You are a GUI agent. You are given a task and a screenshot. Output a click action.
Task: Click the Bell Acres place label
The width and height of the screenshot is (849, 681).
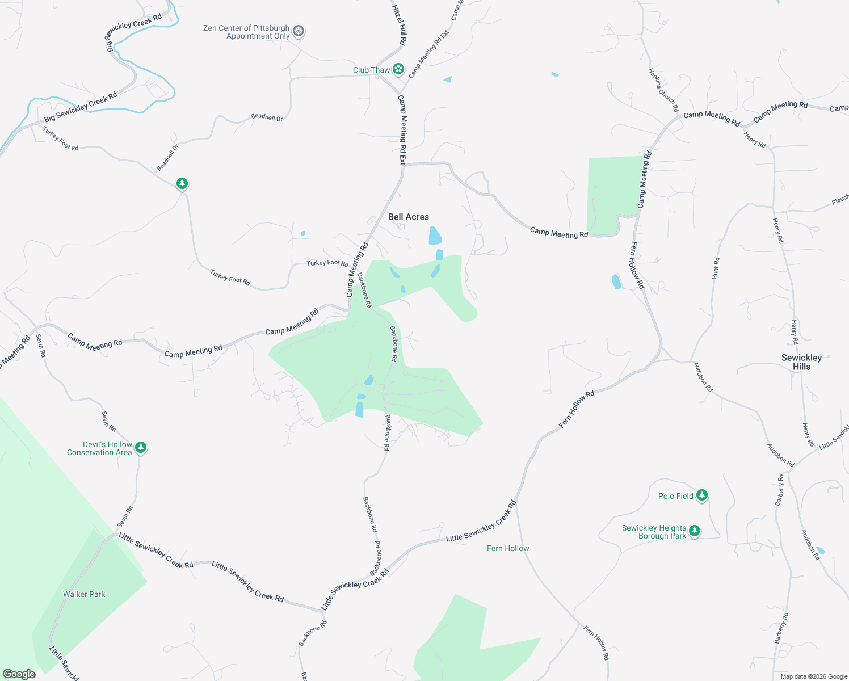[409, 217]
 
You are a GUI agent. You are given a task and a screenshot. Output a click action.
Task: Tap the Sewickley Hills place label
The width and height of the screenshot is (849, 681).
[801, 362]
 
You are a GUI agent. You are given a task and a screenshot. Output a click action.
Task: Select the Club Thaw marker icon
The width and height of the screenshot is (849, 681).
[399, 69]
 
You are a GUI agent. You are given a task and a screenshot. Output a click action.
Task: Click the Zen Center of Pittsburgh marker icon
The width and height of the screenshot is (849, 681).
[299, 31]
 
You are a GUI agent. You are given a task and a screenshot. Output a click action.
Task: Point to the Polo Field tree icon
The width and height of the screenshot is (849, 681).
[702, 495]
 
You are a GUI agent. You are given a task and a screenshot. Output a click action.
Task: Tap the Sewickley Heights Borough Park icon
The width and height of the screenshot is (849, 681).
[694, 531]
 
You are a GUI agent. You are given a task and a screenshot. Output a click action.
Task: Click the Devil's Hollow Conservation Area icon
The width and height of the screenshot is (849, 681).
[141, 447]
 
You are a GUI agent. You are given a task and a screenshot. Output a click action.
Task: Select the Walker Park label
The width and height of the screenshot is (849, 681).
[84, 594]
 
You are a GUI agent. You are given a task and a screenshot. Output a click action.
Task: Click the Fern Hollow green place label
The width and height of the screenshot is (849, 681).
[508, 548]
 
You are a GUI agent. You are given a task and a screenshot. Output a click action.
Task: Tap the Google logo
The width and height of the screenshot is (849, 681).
[19, 674]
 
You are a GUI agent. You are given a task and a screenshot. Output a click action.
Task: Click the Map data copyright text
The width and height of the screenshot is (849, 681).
[813, 676]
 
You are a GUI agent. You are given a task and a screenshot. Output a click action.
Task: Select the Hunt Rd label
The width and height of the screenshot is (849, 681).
[716, 268]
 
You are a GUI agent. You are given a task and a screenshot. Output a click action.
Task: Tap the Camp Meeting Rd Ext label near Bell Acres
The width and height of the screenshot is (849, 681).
[402, 130]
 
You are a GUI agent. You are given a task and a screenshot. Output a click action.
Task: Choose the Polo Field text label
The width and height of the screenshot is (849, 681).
[675, 496]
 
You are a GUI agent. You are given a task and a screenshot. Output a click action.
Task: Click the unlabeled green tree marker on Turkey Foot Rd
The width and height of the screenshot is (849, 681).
[182, 183]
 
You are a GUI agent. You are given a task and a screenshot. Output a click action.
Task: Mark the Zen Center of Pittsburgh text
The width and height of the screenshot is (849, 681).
[246, 32]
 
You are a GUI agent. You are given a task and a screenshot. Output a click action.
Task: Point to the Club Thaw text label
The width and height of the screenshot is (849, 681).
[371, 70]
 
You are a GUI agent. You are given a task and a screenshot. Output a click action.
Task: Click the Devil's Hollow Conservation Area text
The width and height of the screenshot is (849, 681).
[99, 448]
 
